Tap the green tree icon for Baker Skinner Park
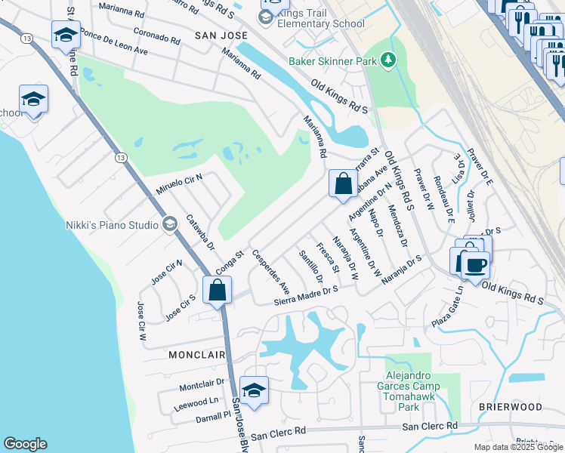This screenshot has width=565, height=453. click(x=388, y=59)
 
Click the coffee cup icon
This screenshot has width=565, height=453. click(x=476, y=265)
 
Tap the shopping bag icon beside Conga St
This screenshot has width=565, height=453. click(x=218, y=290)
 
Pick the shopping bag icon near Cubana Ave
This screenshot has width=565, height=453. click(x=343, y=183)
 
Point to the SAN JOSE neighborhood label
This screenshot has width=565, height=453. click(x=221, y=35)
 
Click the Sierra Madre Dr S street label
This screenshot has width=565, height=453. click(x=305, y=294)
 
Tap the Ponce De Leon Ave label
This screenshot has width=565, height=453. click(x=114, y=43)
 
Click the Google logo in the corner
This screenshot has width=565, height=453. click(x=25, y=444)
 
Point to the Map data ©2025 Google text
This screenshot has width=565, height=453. click(x=517, y=447)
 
